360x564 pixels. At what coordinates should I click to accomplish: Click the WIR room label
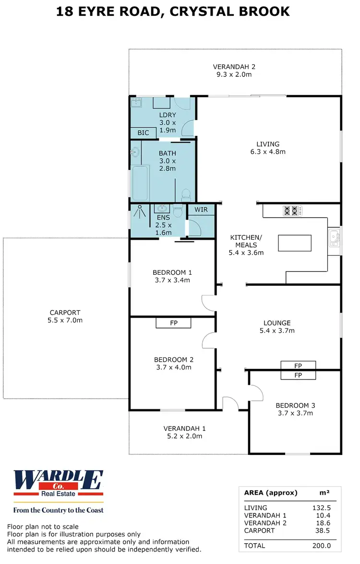coord(201,209)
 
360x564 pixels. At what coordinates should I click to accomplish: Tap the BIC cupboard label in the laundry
coord(143,133)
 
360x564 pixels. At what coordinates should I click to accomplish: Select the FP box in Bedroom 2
coord(174,323)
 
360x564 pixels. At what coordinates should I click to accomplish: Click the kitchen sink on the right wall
coord(335,236)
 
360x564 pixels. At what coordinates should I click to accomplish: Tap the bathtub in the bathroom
coord(140,183)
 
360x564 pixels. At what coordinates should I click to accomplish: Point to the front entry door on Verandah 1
coord(231,404)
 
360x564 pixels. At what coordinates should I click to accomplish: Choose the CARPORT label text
coord(65,312)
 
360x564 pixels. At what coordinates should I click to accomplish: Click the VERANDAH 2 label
coord(234,67)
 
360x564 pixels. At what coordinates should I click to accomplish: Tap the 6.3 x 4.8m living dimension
coord(267,152)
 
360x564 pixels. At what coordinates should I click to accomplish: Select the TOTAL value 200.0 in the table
coord(321,546)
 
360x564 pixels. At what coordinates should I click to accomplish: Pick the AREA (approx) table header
coord(271,493)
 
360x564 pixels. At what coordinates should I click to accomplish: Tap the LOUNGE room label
coord(277,323)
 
